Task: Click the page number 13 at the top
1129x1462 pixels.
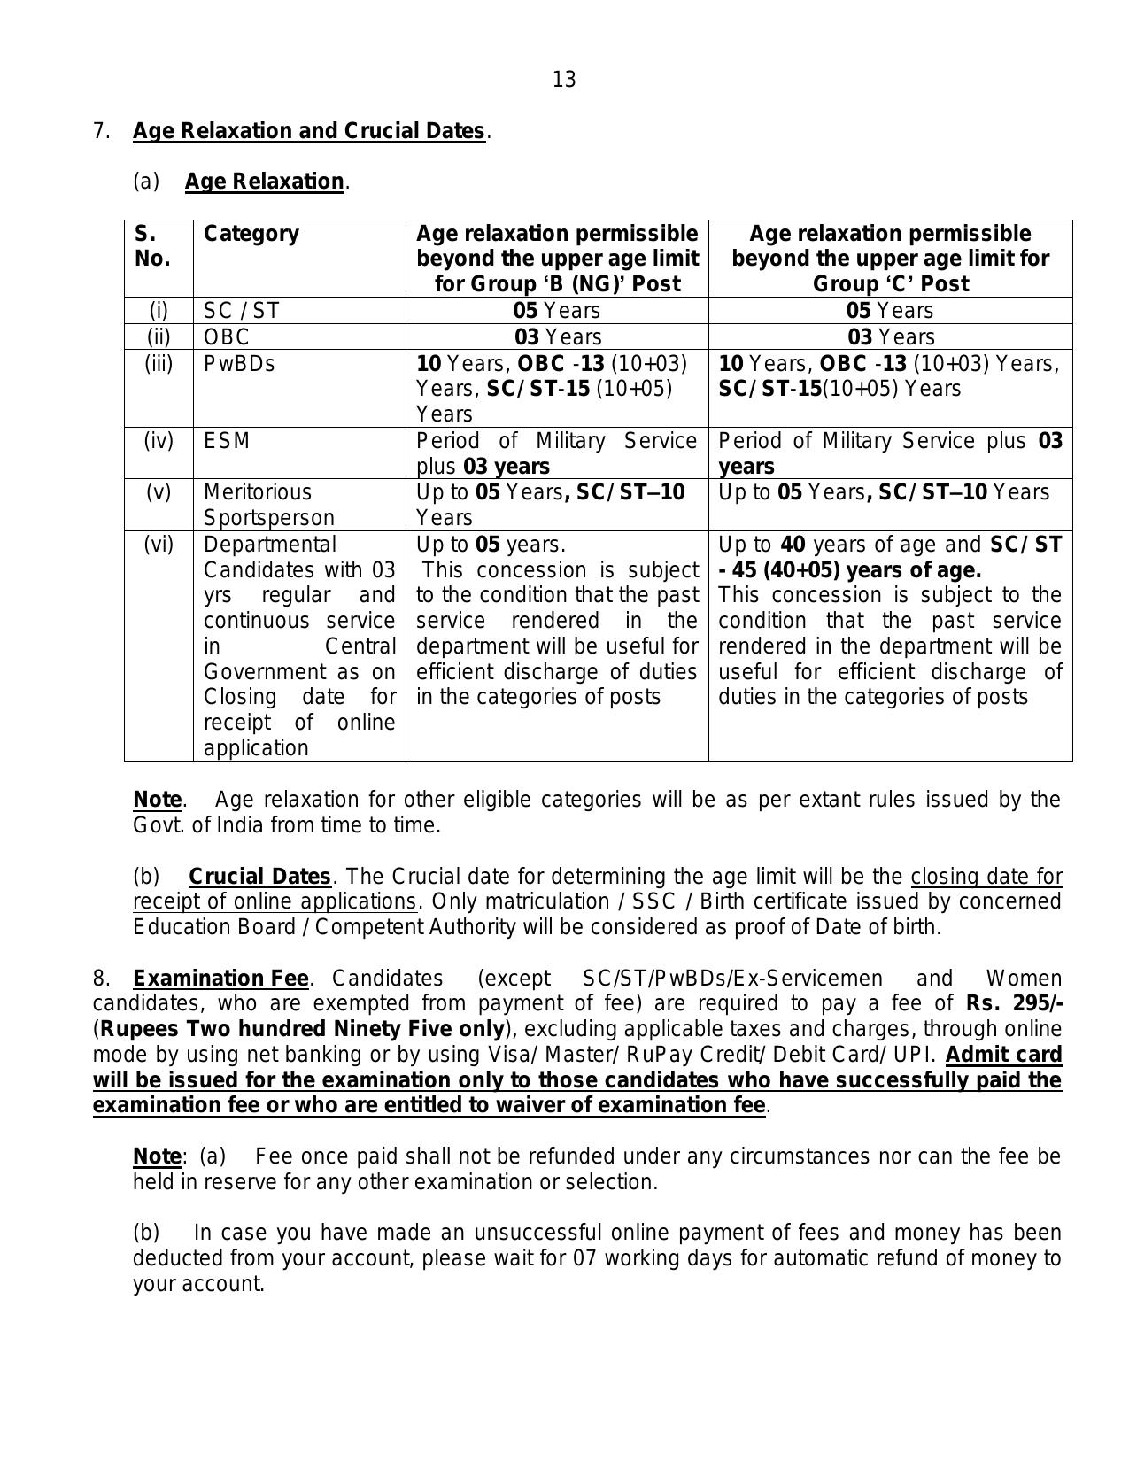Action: [x=564, y=81]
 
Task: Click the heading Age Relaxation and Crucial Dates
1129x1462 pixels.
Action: [x=308, y=131]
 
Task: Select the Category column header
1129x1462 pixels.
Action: [x=251, y=234]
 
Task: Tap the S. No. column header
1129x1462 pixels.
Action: [x=152, y=246]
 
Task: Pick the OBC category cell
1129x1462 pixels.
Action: [x=227, y=337]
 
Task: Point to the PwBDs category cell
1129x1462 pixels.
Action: [x=239, y=364]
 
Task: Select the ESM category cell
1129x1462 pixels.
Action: [x=227, y=441]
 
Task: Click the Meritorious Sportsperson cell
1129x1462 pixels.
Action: [x=269, y=505]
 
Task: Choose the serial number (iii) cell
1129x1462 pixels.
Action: [x=159, y=364]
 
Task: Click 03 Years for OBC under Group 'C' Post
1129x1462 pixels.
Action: [x=890, y=337]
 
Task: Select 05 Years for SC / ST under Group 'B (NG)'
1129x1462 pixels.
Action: [x=556, y=311]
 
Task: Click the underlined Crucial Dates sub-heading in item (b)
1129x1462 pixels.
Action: [x=259, y=877]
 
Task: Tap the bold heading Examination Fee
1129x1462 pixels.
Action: [x=220, y=979]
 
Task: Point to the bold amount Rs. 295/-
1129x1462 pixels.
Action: [x=1014, y=1004]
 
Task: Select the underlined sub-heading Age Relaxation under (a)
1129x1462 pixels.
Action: [x=264, y=182]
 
